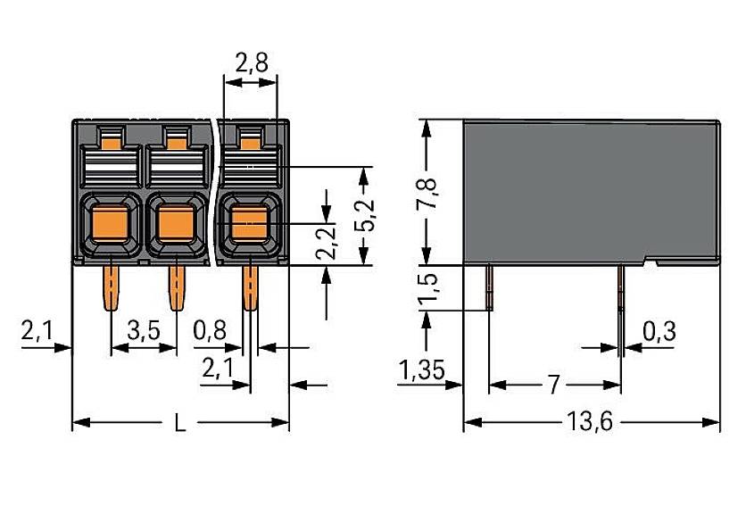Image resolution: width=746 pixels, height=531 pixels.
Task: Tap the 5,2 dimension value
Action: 364,214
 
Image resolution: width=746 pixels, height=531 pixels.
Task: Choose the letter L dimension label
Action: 180,424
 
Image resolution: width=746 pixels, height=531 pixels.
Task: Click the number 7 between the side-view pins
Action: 553,386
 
